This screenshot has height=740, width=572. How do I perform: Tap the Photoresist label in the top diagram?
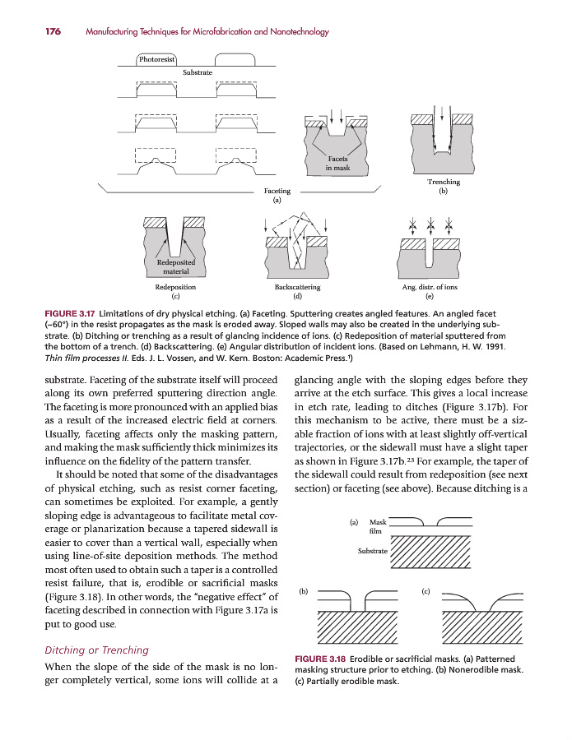click(x=156, y=59)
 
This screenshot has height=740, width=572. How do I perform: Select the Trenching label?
click(x=444, y=182)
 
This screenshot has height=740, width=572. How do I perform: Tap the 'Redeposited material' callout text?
click(x=174, y=266)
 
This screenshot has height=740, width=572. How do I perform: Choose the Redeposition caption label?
click(x=174, y=288)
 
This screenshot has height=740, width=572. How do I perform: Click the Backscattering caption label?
click(x=297, y=288)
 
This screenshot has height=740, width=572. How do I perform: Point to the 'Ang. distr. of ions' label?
click(x=429, y=288)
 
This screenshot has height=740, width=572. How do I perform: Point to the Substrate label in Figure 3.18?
click(x=372, y=550)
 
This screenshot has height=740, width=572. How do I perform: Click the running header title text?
click(x=207, y=32)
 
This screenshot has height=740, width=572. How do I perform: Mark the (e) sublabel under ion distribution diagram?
click(x=429, y=296)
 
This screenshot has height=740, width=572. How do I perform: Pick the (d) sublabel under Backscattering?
click(x=297, y=296)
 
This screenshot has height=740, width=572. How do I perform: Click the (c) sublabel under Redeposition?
click(x=174, y=296)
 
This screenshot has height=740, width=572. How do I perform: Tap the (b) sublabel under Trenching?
click(x=444, y=191)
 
